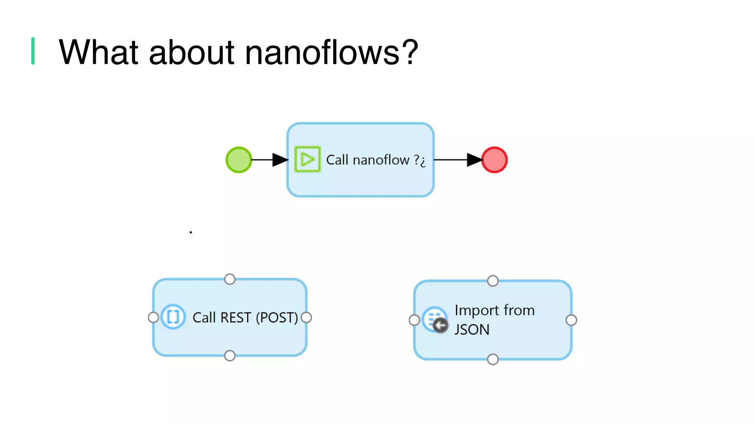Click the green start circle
coord(239,160)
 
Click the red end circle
coord(494,160)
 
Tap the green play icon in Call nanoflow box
coord(307,159)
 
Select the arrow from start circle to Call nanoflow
coord(269,160)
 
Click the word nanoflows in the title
coord(323,52)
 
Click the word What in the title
coord(98,52)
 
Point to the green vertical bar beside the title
coord(33,51)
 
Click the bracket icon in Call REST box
coord(173,317)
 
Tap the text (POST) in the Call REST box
coord(277,317)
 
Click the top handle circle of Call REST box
coord(230,279)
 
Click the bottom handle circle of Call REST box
coord(230,356)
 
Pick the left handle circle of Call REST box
coord(153,317)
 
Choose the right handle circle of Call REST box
coord(306,317)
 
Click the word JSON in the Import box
coord(472,329)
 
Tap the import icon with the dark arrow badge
coord(436,320)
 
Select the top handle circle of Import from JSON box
coord(493,281)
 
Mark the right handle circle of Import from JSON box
coord(571,320)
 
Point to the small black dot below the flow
coord(191,232)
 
